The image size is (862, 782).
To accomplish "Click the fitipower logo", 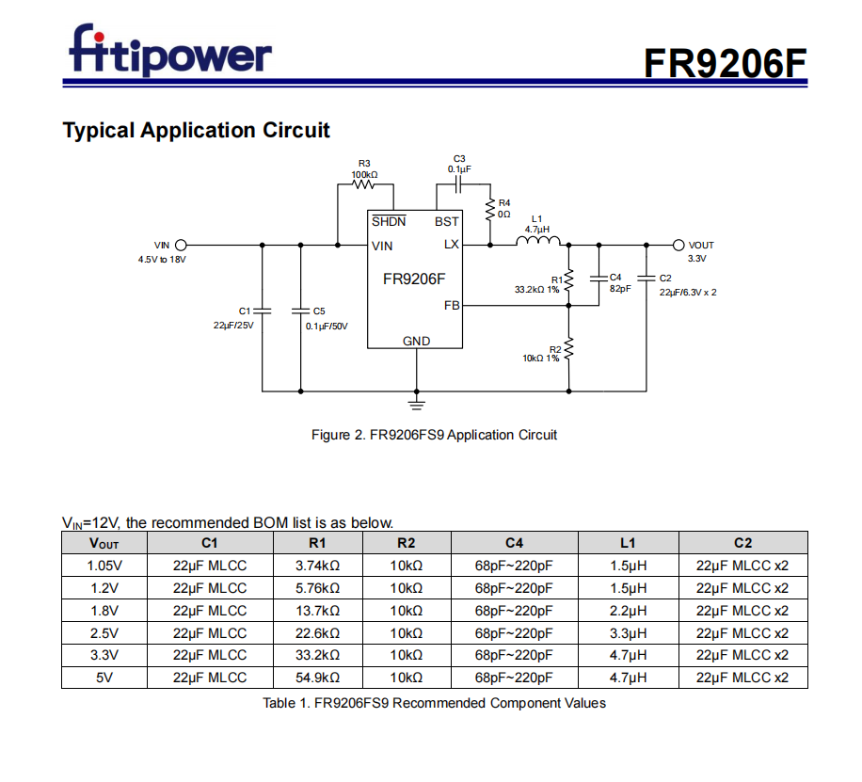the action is click(170, 52).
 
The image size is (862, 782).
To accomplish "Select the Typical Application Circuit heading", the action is click(196, 130).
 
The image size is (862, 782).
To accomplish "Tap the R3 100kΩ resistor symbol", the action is click(364, 184).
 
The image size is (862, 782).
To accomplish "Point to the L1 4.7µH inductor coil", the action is click(536, 243).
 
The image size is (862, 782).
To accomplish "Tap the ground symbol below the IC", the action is click(416, 402).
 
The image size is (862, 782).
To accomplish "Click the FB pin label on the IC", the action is click(452, 306).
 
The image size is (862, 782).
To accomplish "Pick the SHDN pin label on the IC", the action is click(389, 221).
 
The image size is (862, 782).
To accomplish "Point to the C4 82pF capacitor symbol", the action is click(599, 279).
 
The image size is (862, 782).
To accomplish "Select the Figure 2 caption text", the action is click(434, 435).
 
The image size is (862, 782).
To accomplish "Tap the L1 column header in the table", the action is click(628, 543).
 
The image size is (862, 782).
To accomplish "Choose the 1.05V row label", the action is click(104, 566).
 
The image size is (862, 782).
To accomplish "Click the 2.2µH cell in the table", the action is click(628, 610).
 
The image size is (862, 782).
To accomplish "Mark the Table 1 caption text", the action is click(434, 703).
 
